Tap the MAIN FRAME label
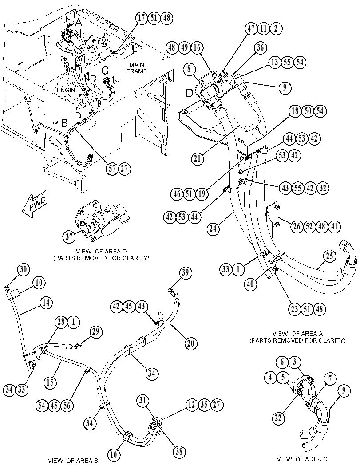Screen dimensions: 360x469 click(x=136, y=68)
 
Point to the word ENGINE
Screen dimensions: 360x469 click(x=68, y=90)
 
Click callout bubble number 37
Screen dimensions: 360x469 click(x=69, y=237)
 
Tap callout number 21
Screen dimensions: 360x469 click(x=197, y=158)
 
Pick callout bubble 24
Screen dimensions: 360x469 click(x=214, y=229)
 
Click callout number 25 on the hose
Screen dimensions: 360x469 click(x=329, y=257)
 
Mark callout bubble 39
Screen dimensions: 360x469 click(x=186, y=273)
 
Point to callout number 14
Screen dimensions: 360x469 click(x=46, y=303)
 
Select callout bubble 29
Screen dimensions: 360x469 click(x=96, y=332)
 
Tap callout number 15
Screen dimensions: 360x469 click(x=51, y=382)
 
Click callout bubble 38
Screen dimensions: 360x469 click(x=179, y=451)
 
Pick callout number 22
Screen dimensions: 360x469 click(x=278, y=418)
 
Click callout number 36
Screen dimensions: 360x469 click(x=261, y=47)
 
